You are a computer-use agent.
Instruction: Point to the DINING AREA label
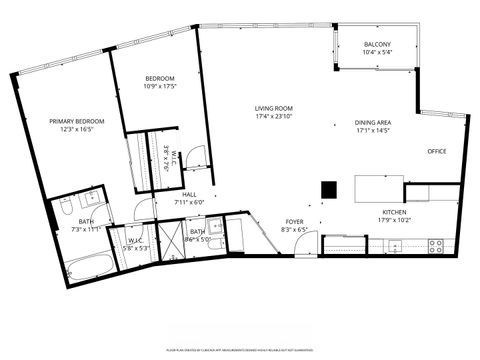click(x=372, y=123)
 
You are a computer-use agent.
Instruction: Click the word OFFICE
click(x=436, y=151)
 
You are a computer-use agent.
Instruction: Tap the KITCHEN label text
click(x=393, y=212)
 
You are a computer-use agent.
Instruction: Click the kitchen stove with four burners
click(x=436, y=244)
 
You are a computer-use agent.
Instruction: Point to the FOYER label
click(x=294, y=222)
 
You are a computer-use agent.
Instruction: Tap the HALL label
click(x=190, y=195)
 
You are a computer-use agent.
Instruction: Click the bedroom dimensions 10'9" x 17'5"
click(x=160, y=86)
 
